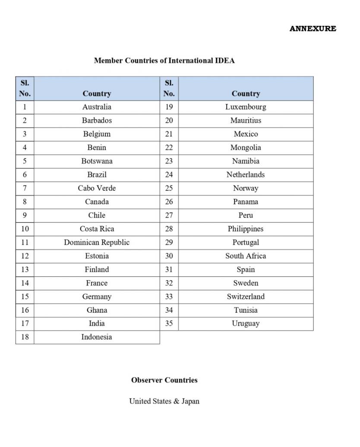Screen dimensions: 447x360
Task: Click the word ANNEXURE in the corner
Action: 313,29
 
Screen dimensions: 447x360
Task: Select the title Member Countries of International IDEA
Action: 164,60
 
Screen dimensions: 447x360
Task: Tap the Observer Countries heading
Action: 164,380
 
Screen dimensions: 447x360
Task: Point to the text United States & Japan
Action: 164,401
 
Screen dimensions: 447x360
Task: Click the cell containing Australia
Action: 97,107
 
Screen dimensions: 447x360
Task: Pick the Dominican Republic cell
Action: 97,242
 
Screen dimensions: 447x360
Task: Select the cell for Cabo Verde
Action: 97,188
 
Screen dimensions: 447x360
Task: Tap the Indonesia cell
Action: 97,337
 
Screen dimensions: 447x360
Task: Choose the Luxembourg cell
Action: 246,107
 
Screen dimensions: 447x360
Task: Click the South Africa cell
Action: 246,256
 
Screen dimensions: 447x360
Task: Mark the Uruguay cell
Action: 246,323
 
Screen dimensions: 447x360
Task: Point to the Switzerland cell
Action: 246,296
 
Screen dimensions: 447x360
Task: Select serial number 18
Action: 25,337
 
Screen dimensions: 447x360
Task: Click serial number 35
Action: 169,323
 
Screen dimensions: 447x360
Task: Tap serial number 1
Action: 25,107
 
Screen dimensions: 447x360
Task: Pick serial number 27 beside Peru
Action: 169,215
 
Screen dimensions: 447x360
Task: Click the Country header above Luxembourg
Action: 246,94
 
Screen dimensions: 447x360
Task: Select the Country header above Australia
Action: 97,94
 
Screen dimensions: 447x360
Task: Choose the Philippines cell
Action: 246,229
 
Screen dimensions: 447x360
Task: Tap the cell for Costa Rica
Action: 97,229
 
